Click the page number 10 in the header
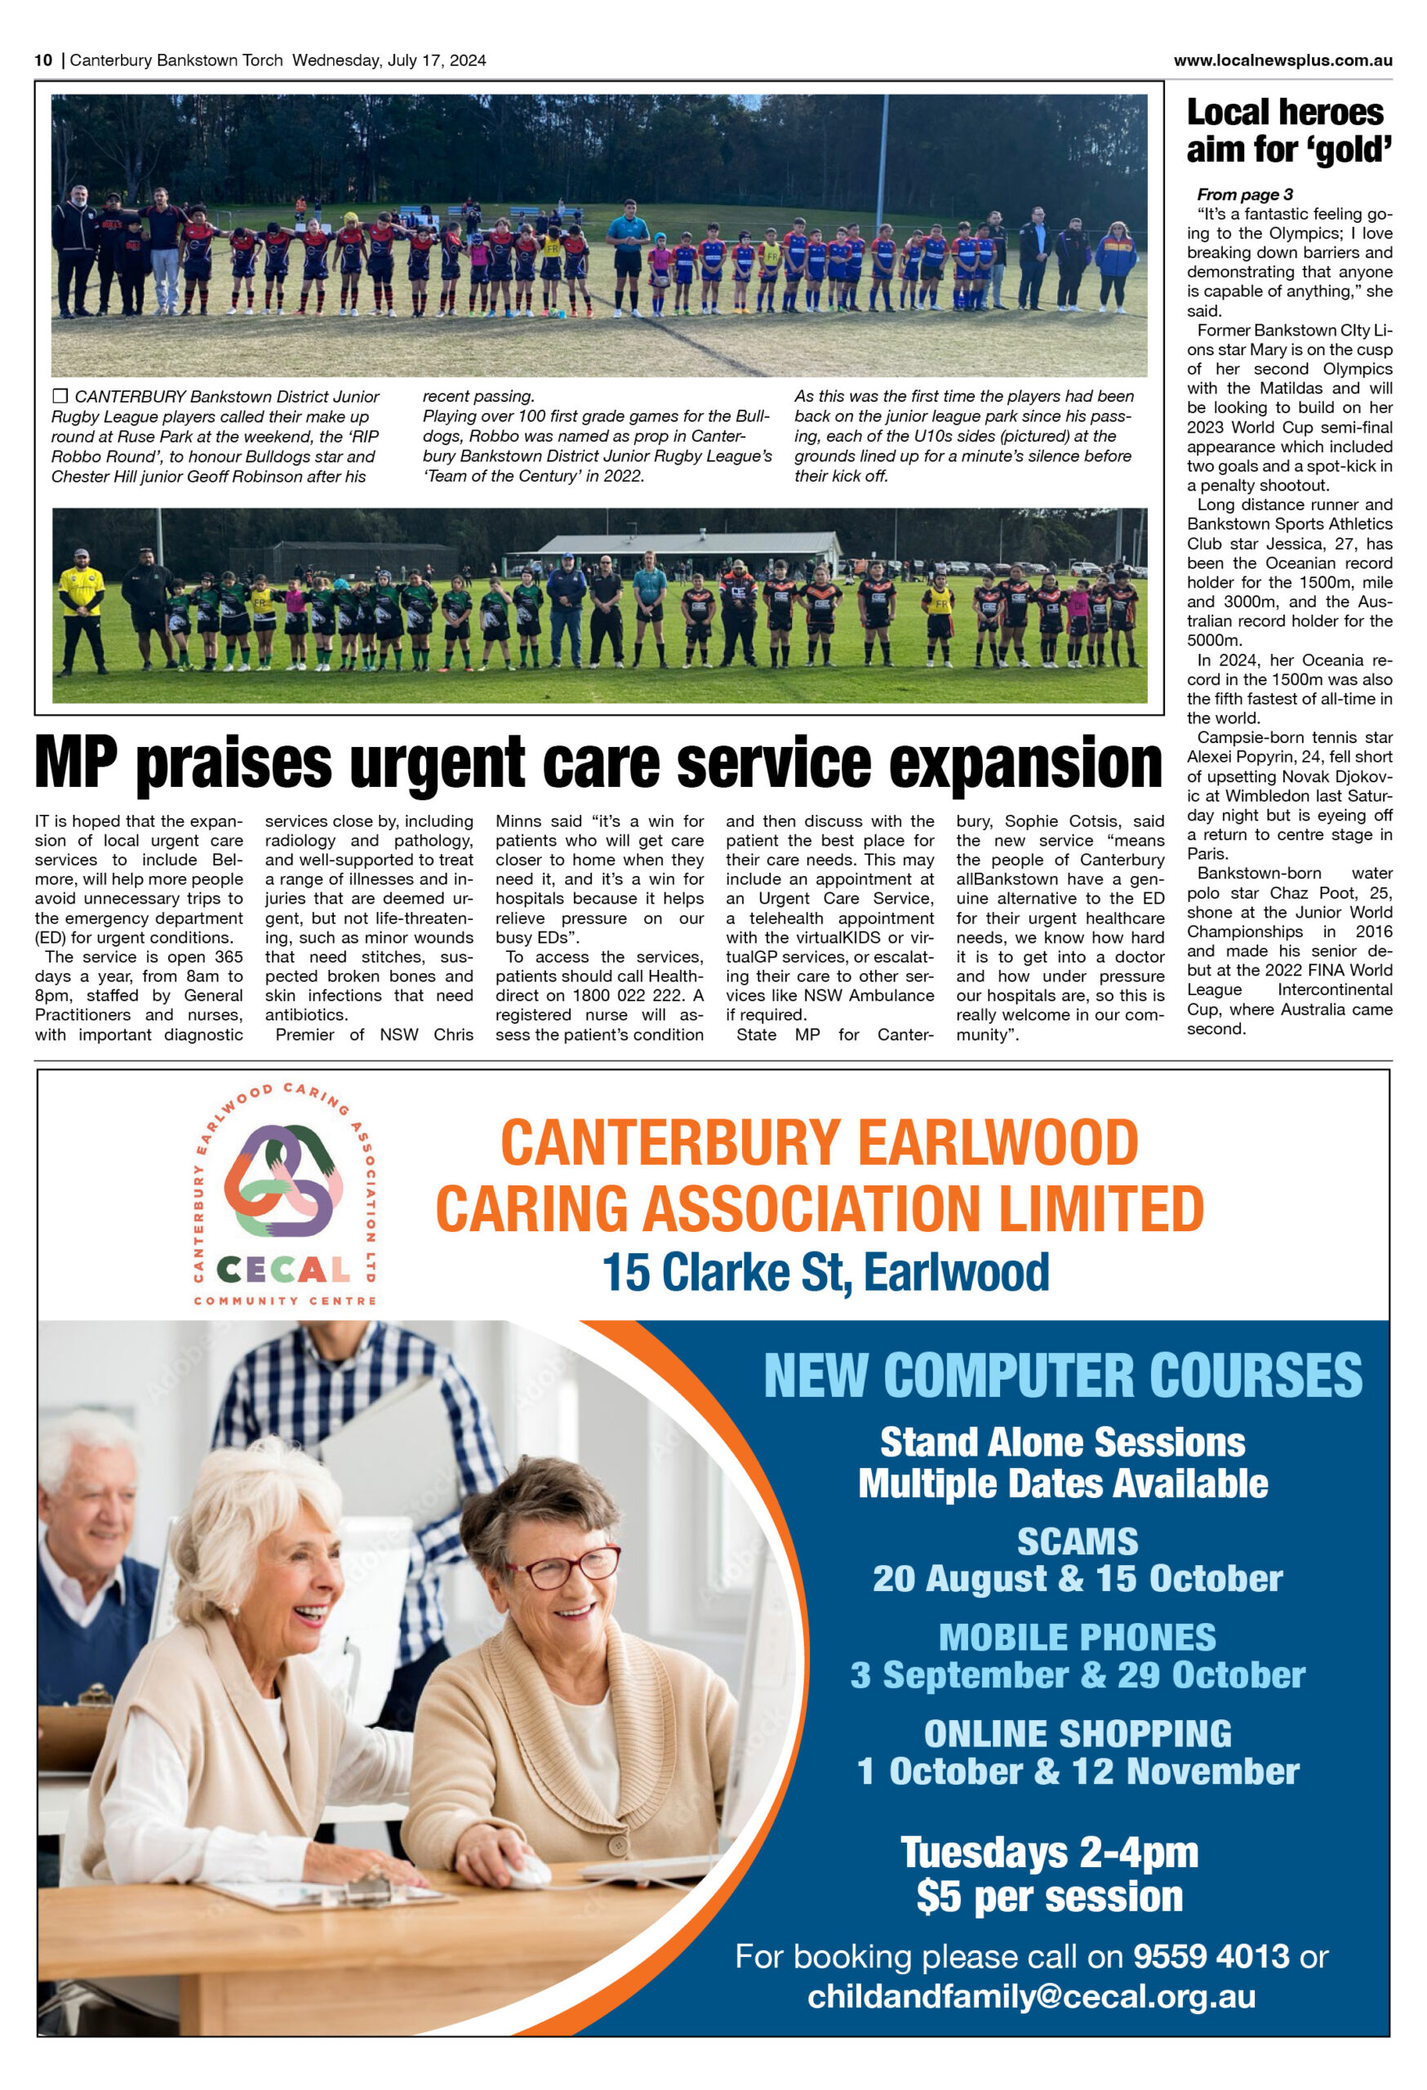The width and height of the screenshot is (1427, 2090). pyautogui.click(x=43, y=60)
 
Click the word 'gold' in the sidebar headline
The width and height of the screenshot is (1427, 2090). pyautogui.click(x=1353, y=150)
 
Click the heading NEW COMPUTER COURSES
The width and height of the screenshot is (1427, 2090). pyautogui.click(x=1063, y=1376)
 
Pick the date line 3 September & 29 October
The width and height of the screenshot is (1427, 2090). pyautogui.click(x=1078, y=1674)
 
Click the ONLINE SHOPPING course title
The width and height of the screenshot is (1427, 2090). pyautogui.click(x=1078, y=1733)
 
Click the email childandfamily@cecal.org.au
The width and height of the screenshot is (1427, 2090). pyautogui.click(x=1030, y=1995)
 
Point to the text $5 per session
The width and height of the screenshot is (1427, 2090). pyautogui.click(x=1049, y=1897)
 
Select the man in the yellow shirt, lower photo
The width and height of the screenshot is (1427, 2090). pyautogui.click(x=82, y=607)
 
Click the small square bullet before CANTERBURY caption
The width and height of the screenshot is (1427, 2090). pyautogui.click(x=60, y=396)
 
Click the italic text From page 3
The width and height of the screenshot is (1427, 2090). pyautogui.click(x=1243, y=194)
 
